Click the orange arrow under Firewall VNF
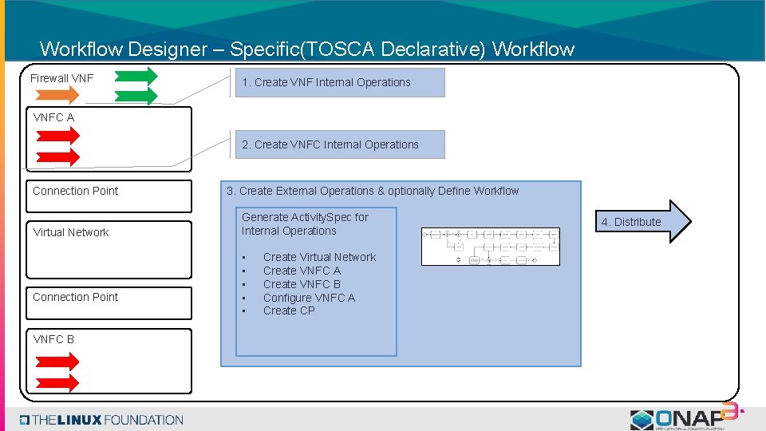[x=55, y=95]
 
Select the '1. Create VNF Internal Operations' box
[x=339, y=82]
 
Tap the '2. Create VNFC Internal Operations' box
[x=339, y=144]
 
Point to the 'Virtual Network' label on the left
[x=71, y=232]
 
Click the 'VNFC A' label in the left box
[x=53, y=117]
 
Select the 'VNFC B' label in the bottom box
[x=53, y=339]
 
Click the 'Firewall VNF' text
[x=61, y=78]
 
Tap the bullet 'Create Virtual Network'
[x=319, y=257]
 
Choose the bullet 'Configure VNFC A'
[x=309, y=298]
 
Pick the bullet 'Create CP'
[x=289, y=310]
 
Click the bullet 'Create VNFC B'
[x=302, y=284]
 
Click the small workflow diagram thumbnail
[x=491, y=247]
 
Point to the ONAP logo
[x=684, y=417]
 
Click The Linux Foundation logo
[x=102, y=420]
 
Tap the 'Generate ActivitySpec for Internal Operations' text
[x=305, y=223]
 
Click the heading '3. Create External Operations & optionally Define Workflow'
[x=373, y=191]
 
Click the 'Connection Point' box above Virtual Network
[x=109, y=196]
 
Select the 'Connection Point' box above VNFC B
[x=109, y=302]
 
